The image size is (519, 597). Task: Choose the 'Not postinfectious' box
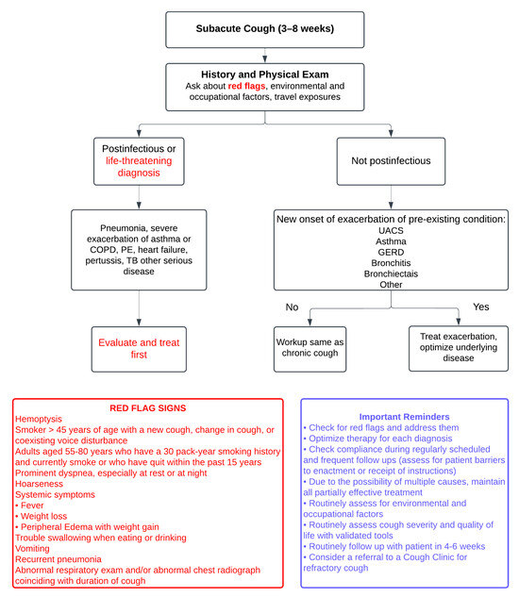point(390,160)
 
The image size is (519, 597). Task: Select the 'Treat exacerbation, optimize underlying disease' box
point(457,344)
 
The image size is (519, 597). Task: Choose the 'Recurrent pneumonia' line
point(56,558)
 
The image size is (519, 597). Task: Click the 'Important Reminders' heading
point(404,416)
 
